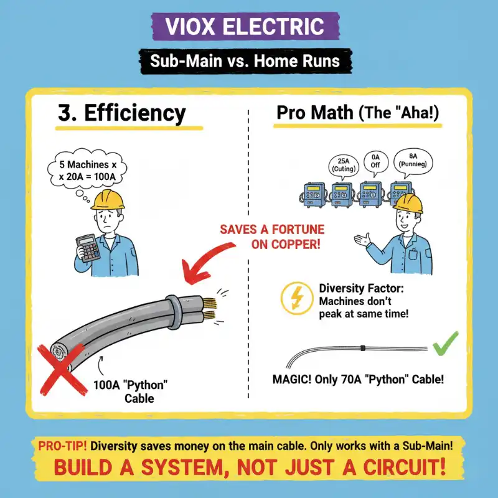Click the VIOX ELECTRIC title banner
coord(248,27)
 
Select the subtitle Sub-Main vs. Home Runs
coord(248,62)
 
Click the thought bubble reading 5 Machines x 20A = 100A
coord(87,170)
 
